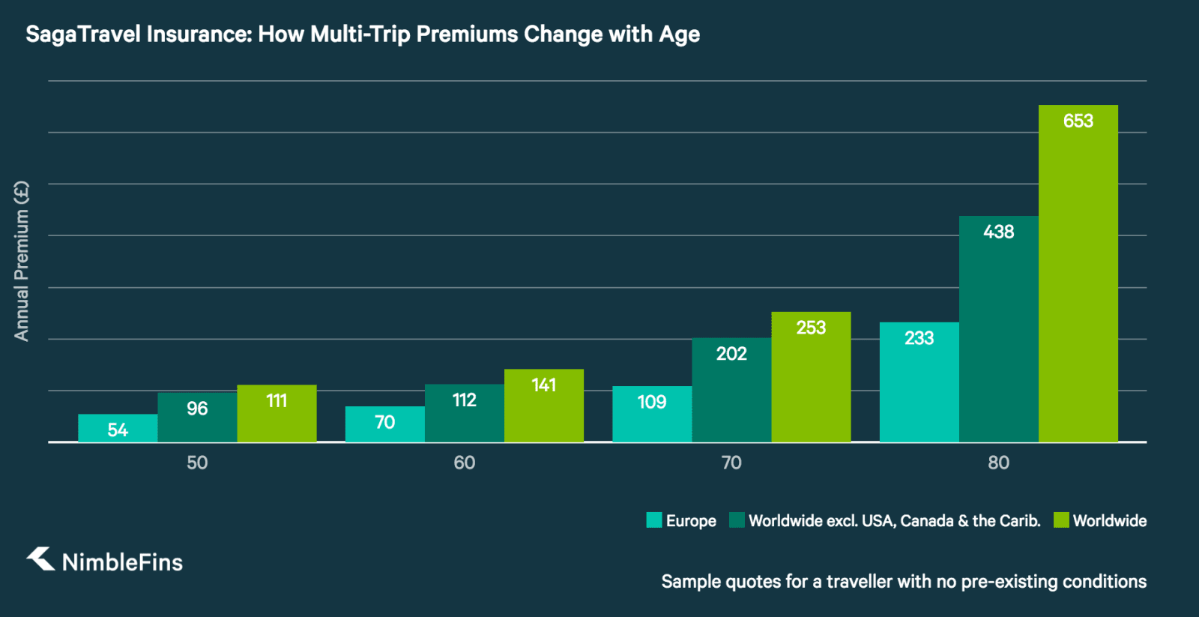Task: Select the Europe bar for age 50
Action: pos(118,429)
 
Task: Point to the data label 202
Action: pos(731,354)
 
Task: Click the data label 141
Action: pos(544,385)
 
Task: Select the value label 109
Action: pos(651,403)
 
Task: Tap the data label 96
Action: pos(197,409)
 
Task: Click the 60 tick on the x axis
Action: pos(464,463)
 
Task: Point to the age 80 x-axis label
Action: pos(998,463)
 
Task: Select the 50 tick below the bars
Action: pos(197,463)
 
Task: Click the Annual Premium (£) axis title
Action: pos(22,261)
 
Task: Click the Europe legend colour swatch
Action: pos(654,520)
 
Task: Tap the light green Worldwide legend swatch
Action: pos(1061,520)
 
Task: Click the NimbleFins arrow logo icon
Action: pos(41,559)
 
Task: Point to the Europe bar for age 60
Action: pos(384,424)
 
